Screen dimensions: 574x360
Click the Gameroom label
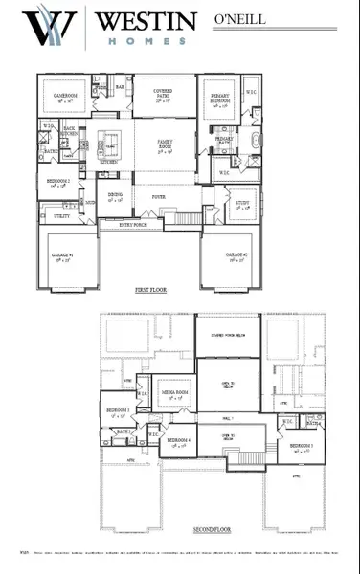(65, 99)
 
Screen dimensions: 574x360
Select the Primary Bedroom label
(217, 99)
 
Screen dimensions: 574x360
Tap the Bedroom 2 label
(56, 183)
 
